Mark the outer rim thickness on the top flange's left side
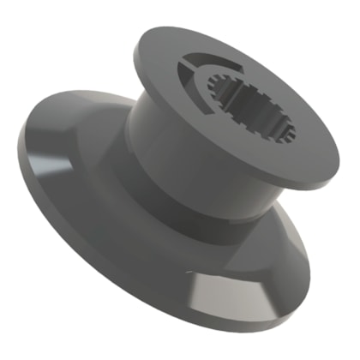[x=136, y=69]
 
